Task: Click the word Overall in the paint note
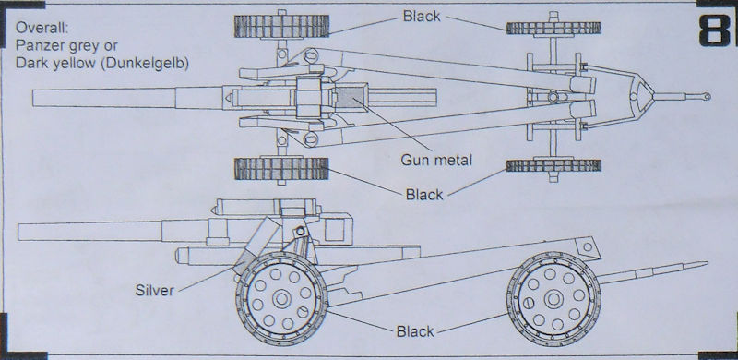(x=42, y=28)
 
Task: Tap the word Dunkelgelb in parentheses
(x=145, y=63)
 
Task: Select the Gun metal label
(x=435, y=161)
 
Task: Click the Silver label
(x=155, y=290)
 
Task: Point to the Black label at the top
(x=422, y=16)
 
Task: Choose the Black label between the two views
(x=424, y=194)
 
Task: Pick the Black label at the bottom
(x=415, y=331)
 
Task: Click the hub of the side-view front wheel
(x=281, y=299)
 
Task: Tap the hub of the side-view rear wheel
(x=553, y=299)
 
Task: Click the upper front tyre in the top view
(x=281, y=27)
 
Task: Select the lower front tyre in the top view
(x=281, y=168)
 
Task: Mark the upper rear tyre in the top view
(x=553, y=29)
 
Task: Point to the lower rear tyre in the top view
(x=553, y=165)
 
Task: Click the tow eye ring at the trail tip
(x=707, y=97)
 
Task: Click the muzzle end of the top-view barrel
(x=33, y=98)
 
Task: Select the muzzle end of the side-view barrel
(x=18, y=232)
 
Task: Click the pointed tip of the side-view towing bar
(x=708, y=263)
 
